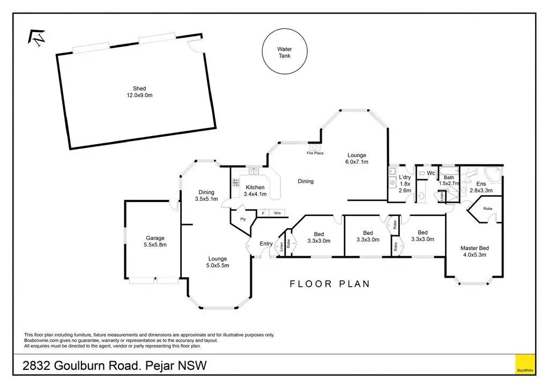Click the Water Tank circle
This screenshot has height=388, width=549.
click(284, 52)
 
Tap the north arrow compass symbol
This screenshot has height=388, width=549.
click(37, 37)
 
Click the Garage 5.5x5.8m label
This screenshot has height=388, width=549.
click(155, 241)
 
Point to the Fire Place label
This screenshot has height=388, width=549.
click(315, 153)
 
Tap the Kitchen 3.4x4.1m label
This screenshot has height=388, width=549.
click(255, 191)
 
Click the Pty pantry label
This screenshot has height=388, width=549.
click(242, 219)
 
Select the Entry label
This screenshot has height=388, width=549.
click(266, 244)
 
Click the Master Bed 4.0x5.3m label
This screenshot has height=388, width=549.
click(474, 251)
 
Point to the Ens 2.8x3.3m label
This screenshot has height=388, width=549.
click(481, 187)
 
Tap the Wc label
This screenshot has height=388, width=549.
click(431, 173)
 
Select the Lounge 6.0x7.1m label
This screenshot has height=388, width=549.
click(357, 158)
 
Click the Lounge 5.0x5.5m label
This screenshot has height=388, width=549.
click(218, 262)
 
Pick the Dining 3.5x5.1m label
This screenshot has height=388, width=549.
click(206, 196)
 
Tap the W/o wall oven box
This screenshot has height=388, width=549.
click(277, 213)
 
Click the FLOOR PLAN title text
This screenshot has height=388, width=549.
click(330, 284)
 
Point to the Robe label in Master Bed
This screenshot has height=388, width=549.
click(487, 208)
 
